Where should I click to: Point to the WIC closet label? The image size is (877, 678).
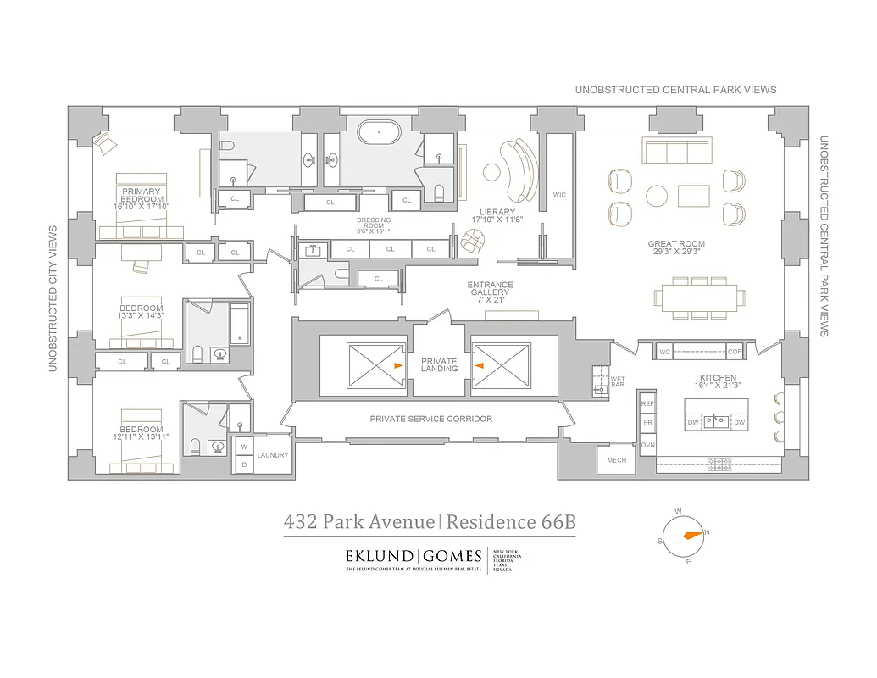[x=558, y=195]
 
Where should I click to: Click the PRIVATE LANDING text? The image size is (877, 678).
[x=439, y=364]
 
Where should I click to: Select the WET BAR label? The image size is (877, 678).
[x=618, y=382]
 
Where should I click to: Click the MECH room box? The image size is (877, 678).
[x=617, y=460]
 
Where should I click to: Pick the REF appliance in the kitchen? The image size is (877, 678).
[x=647, y=404]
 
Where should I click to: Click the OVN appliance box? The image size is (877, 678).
[x=647, y=444]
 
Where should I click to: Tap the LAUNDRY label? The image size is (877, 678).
[x=273, y=455]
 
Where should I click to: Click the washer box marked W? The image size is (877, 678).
[x=243, y=447]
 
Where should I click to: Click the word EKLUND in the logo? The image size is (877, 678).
[x=379, y=557]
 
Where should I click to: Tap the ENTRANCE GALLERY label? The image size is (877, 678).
[x=490, y=290]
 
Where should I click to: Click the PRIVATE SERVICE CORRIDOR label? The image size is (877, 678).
[x=430, y=419]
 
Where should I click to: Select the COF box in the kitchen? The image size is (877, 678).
[x=734, y=351]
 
